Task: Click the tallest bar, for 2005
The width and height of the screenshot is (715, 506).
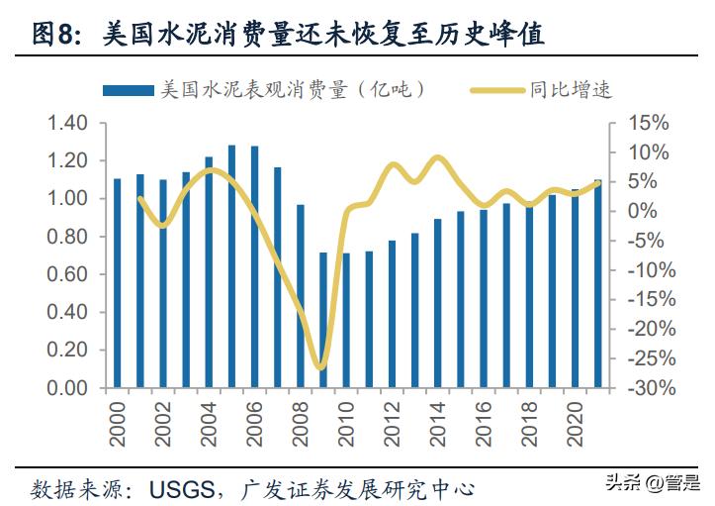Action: coord(232,266)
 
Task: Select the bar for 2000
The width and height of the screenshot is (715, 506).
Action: coord(117,283)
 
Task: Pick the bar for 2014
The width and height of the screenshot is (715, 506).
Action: coord(438,303)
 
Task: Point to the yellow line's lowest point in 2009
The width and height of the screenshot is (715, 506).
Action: coord(320,368)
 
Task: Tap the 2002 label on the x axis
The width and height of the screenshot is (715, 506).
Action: coord(163,421)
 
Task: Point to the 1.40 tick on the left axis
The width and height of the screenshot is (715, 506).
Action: coord(68,123)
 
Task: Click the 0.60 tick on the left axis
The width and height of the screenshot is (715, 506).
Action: coord(68,274)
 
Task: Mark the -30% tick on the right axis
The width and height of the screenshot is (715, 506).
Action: coord(646,388)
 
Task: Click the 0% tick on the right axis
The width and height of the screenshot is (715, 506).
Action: coord(653,211)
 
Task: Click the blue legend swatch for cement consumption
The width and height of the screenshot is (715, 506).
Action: coord(128,90)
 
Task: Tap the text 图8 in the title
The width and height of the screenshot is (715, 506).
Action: coord(54,37)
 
